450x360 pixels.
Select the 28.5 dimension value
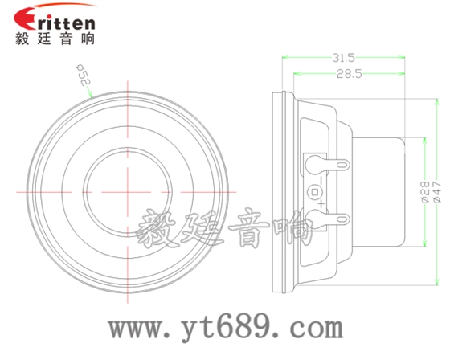pyautogui.click(x=347, y=74)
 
